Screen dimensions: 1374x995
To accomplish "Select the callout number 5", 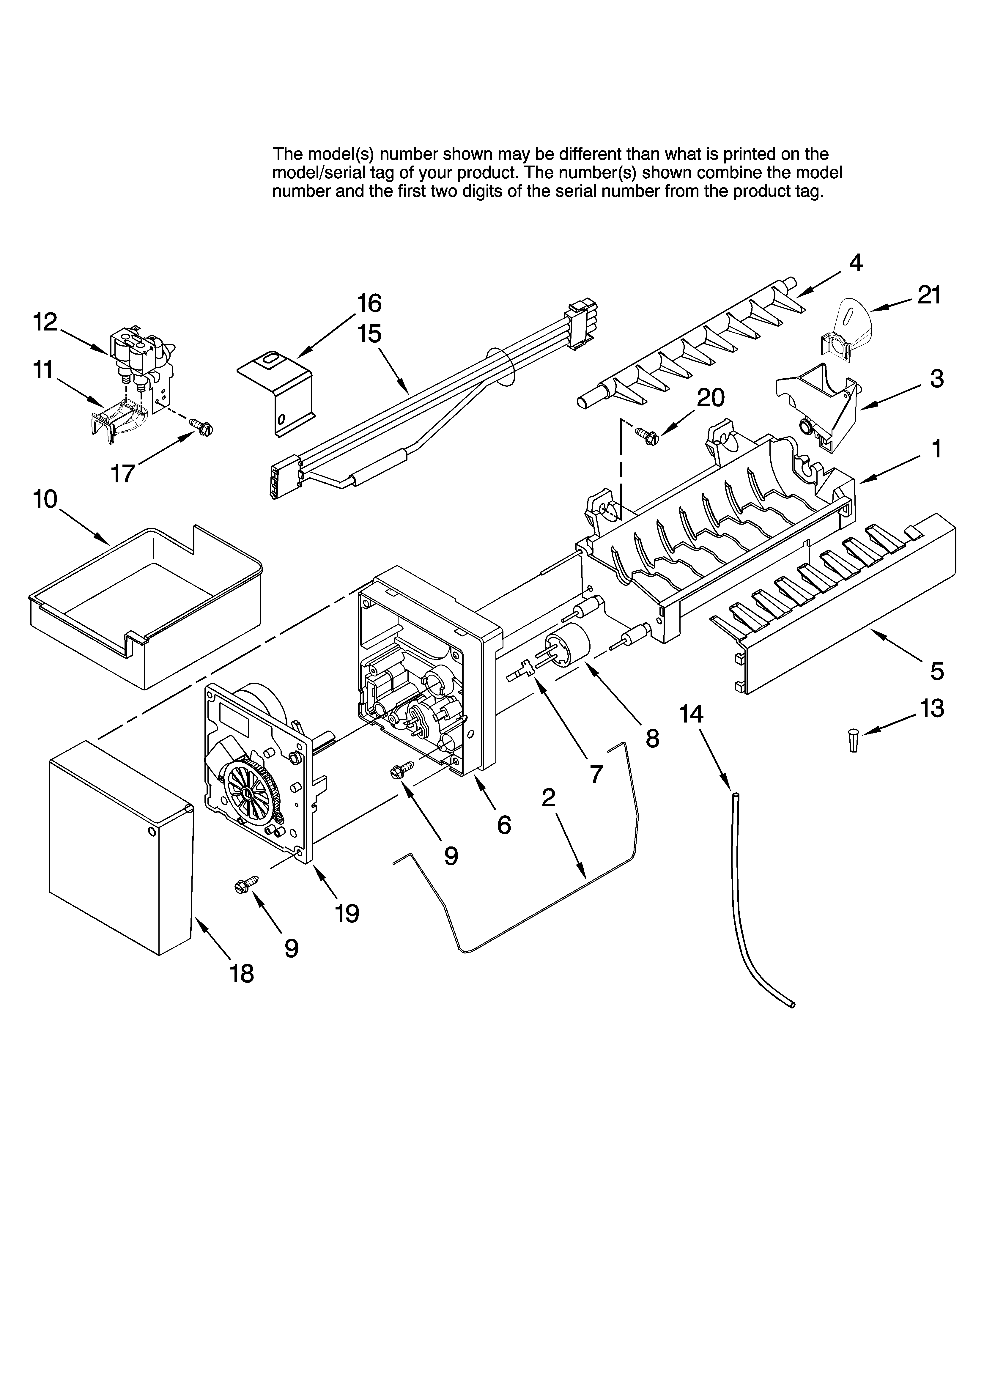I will (937, 671).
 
